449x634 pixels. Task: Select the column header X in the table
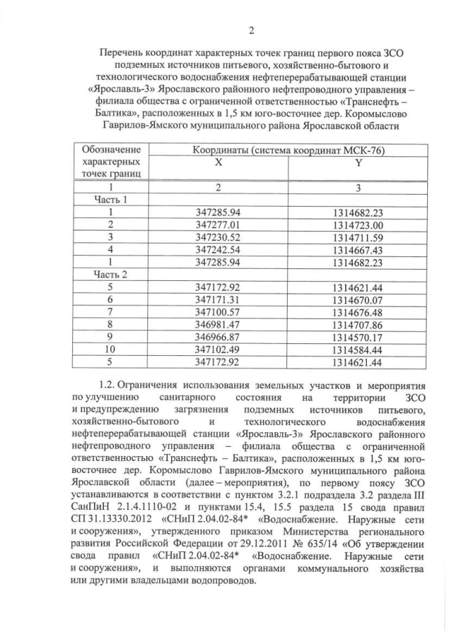pos(218,162)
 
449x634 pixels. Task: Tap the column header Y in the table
pos(358,162)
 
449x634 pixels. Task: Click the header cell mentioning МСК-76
pos(289,149)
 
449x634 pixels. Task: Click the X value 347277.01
pos(218,224)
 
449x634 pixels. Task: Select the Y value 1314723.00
pos(358,224)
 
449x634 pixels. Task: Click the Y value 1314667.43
pos(358,249)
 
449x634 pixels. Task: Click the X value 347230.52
pos(218,237)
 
